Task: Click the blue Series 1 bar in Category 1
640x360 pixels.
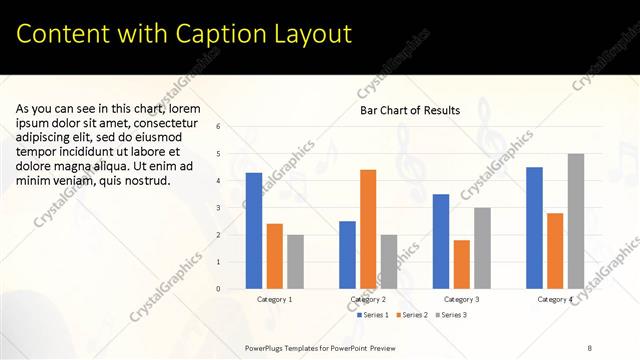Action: click(254, 231)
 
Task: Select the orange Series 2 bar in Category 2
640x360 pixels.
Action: click(368, 229)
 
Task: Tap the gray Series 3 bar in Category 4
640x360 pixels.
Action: click(576, 221)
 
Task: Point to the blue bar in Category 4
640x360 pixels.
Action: click(534, 228)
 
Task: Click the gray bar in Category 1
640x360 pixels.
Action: click(295, 262)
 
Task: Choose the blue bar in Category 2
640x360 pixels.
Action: click(347, 255)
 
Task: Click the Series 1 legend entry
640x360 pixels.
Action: click(374, 315)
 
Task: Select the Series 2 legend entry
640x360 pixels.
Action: click(414, 315)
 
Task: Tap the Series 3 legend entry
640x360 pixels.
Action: click(451, 315)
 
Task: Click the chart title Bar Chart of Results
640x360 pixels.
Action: click(410, 110)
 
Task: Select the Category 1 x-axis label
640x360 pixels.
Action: click(275, 299)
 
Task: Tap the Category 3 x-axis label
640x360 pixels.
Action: click(461, 299)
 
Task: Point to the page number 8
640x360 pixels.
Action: click(589, 347)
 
